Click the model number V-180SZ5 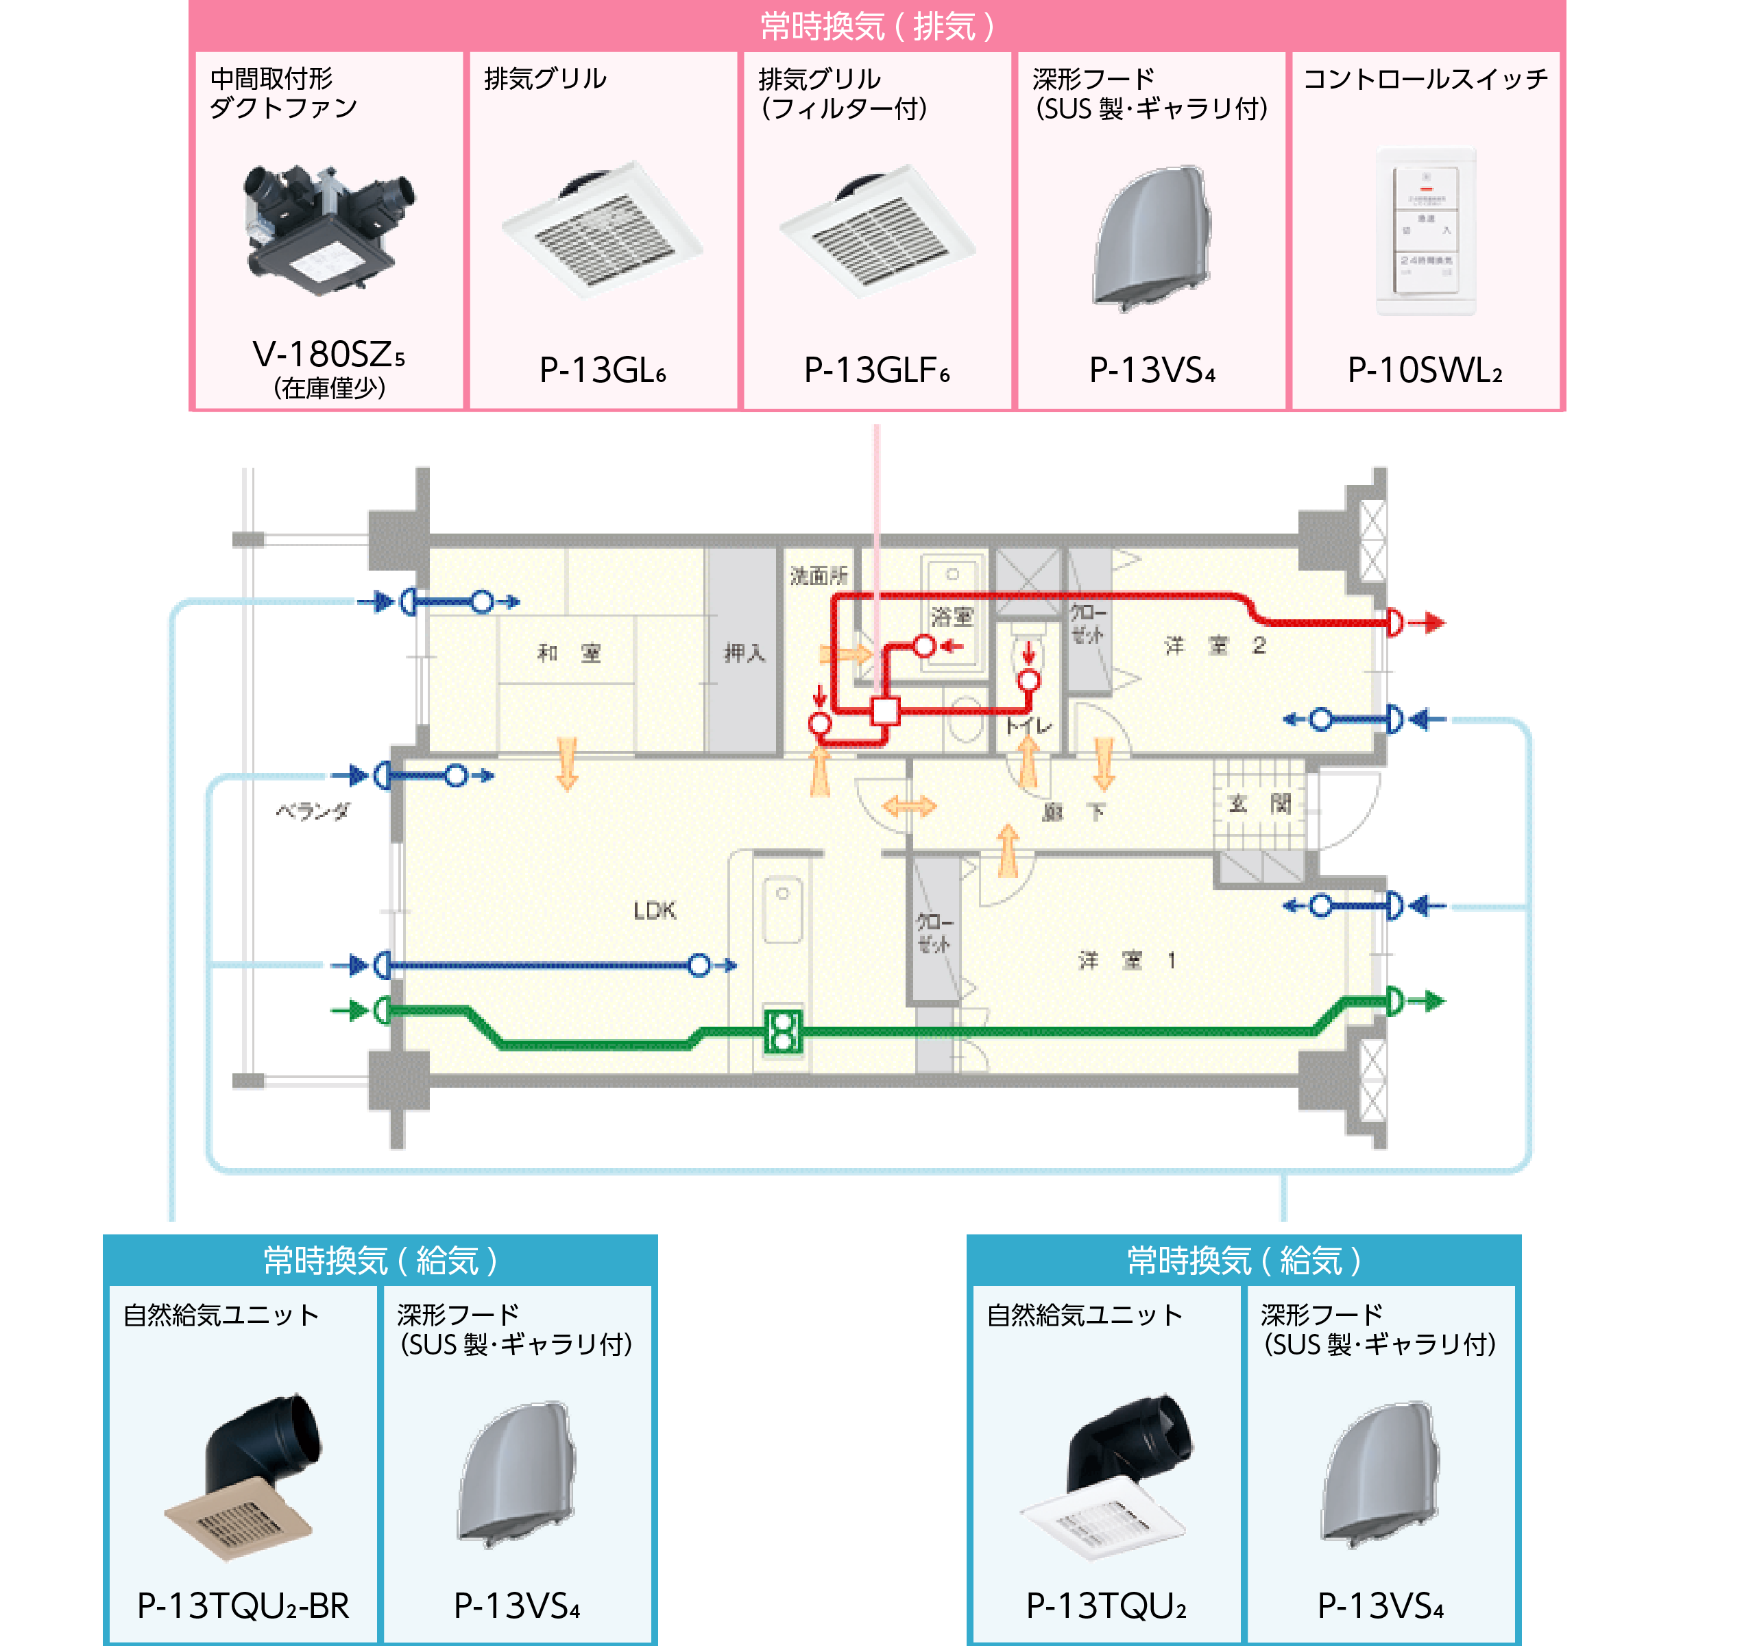(x=328, y=355)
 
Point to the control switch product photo (x=1425, y=231)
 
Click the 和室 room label (x=568, y=654)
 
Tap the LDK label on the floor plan (x=654, y=910)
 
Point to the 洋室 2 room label (x=1215, y=646)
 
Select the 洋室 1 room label (x=1127, y=961)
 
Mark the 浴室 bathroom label (x=952, y=617)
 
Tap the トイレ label (x=1028, y=726)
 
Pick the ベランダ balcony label (x=313, y=811)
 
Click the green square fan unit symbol (x=783, y=1031)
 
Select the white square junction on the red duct (x=884, y=711)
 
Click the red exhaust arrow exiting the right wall (x=1427, y=623)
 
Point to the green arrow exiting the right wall (x=1427, y=1001)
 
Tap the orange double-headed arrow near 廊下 (x=908, y=805)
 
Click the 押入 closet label (x=745, y=654)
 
